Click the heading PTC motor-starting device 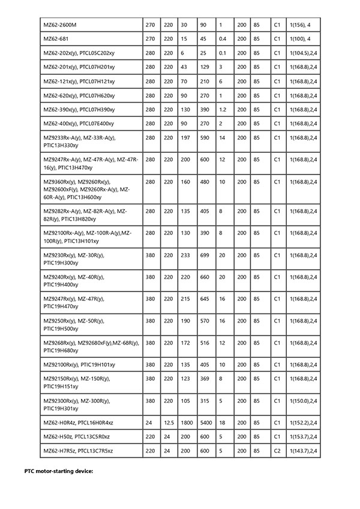point(59,471)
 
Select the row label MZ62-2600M point(60,25)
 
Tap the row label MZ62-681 point(55,38)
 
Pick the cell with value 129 point(204,67)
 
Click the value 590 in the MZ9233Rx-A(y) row point(205,137)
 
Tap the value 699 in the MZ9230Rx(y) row point(205,255)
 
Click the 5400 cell point(205,423)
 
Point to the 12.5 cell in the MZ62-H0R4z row point(169,423)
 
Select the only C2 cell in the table point(277,450)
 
